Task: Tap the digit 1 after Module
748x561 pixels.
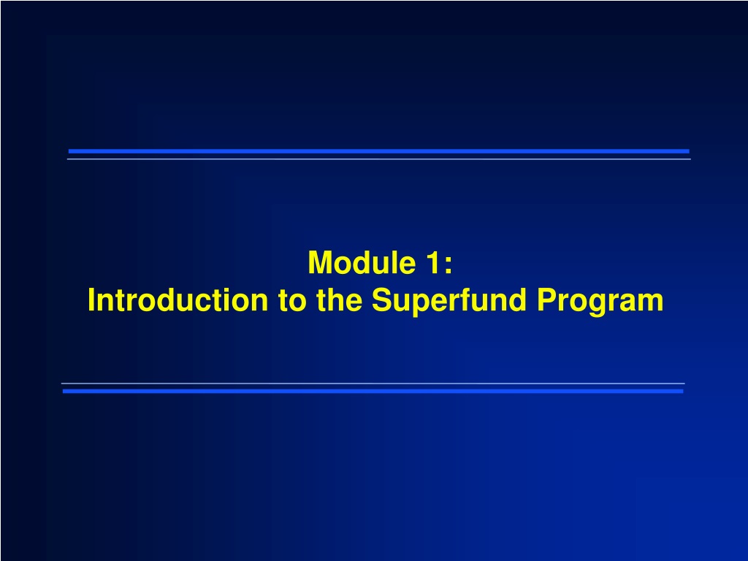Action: (x=432, y=262)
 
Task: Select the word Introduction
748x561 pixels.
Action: (x=178, y=300)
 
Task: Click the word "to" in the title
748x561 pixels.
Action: (x=292, y=301)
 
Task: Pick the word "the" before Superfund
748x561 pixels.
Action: (x=339, y=300)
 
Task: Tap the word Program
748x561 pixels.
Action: (x=600, y=302)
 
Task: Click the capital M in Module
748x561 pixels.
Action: (x=320, y=262)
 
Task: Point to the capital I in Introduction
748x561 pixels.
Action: (x=91, y=300)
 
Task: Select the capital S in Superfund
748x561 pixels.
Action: (x=382, y=300)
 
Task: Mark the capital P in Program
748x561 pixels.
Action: (x=547, y=300)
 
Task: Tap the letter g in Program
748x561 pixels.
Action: (x=598, y=306)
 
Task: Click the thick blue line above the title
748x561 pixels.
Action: (x=379, y=151)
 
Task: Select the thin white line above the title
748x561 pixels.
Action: (x=379, y=159)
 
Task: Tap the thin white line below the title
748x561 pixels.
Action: (x=373, y=383)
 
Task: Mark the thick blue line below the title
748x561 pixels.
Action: (x=373, y=392)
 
